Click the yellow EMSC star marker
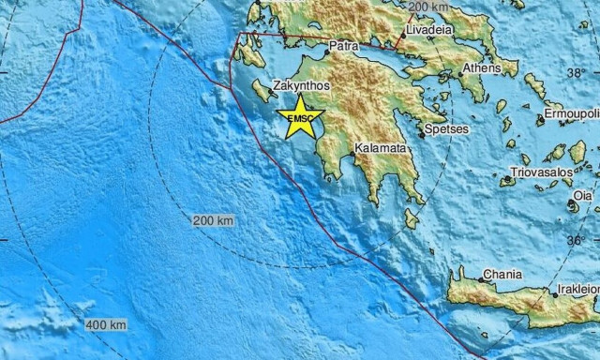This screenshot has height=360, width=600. pyautogui.click(x=301, y=117)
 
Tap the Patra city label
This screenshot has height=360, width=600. pyautogui.click(x=344, y=45)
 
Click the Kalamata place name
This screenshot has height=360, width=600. pyautogui.click(x=381, y=148)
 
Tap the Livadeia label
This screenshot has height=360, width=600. pyautogui.click(x=429, y=30)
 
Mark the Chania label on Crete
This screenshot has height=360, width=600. pyautogui.click(x=499, y=277)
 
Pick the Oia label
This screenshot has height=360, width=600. pyautogui.click(x=584, y=195)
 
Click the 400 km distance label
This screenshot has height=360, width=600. pyautogui.click(x=106, y=325)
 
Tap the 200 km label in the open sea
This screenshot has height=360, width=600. pyautogui.click(x=214, y=220)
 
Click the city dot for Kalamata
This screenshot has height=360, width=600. pyautogui.click(x=357, y=156)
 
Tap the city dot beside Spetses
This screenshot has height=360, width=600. pyautogui.click(x=423, y=135)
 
